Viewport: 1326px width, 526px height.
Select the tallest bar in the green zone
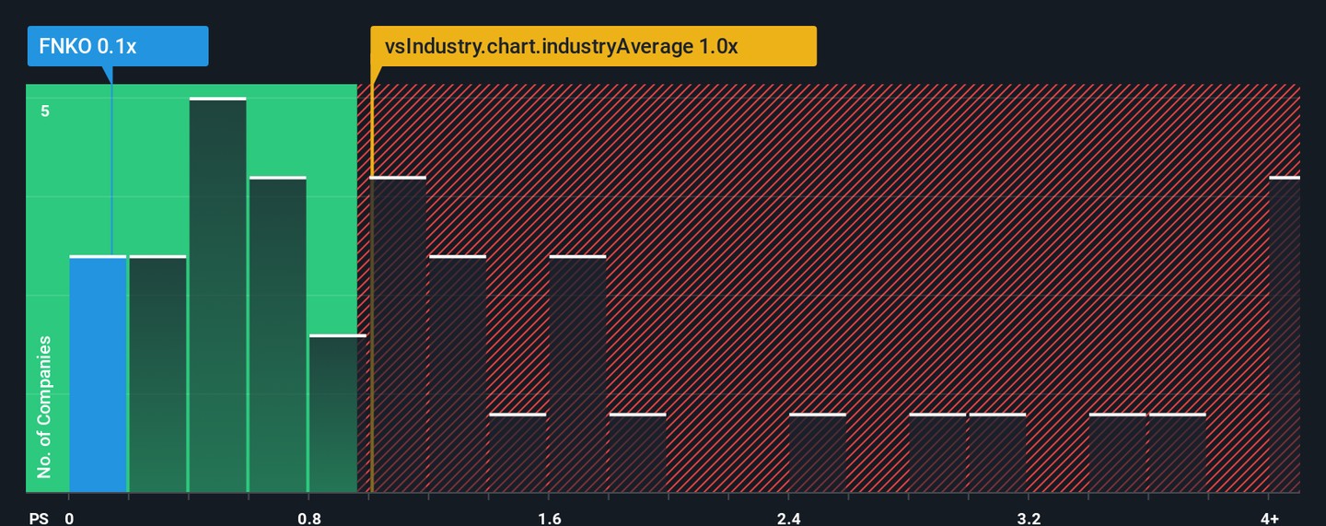coord(217,295)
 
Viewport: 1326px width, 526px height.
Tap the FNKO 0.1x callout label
coord(118,46)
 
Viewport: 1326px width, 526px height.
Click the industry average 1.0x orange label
coord(593,46)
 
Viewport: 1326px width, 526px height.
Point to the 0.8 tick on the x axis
coord(309,518)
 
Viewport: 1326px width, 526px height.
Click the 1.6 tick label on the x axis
coord(549,518)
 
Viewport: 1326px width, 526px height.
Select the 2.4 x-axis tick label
coord(788,518)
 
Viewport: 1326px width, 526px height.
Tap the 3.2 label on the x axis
coord(1029,518)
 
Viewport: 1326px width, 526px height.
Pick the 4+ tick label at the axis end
coord(1269,518)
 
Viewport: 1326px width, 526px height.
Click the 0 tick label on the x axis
coord(69,518)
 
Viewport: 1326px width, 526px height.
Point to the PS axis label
coord(39,518)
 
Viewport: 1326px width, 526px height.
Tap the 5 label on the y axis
coord(44,111)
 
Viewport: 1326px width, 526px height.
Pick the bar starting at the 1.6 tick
coord(577,373)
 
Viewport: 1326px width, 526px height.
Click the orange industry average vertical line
coord(371,276)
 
